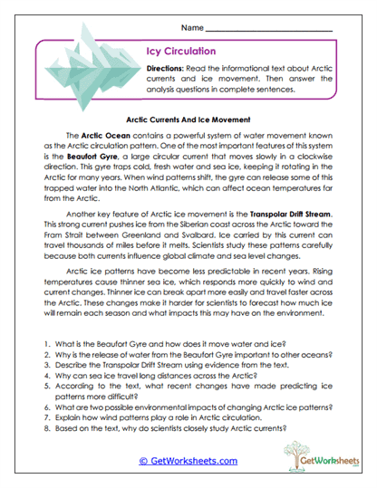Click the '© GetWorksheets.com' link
pyautogui.click(x=188, y=460)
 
